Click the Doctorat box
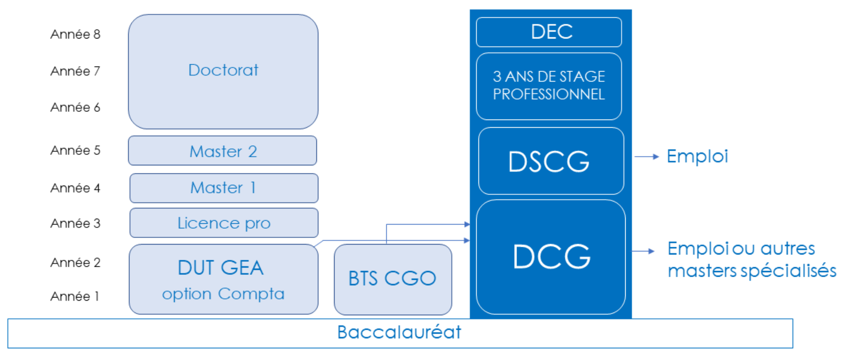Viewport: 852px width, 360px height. pyautogui.click(x=223, y=71)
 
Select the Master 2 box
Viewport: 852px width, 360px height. pyautogui.click(x=222, y=151)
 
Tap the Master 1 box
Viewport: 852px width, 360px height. pyautogui.click(x=224, y=188)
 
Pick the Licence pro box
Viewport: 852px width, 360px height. pyautogui.click(x=224, y=223)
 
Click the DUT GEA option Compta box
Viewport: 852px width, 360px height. pyautogui.click(x=223, y=279)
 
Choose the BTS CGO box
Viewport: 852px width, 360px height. pyautogui.click(x=392, y=279)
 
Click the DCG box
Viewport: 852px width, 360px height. pyautogui.click(x=551, y=257)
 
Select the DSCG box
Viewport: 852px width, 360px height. pyautogui.click(x=550, y=161)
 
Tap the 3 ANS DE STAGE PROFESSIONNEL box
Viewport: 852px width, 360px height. pyautogui.click(x=549, y=86)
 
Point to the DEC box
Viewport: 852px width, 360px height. pyautogui.click(x=549, y=32)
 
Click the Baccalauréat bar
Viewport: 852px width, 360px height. pyautogui.click(x=400, y=333)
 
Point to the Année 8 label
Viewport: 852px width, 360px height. pyautogui.click(x=75, y=34)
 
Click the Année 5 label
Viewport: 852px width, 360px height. pyautogui.click(x=75, y=150)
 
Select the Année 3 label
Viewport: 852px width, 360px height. pyautogui.click(x=75, y=223)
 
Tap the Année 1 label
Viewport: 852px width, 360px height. pyautogui.click(x=75, y=296)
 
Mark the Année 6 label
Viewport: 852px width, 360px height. pyautogui.click(x=75, y=107)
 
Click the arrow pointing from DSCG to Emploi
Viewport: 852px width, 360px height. pyautogui.click(x=646, y=157)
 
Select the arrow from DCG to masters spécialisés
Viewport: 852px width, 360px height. pyautogui.click(x=643, y=251)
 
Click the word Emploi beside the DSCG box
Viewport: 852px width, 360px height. pyautogui.click(x=697, y=157)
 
